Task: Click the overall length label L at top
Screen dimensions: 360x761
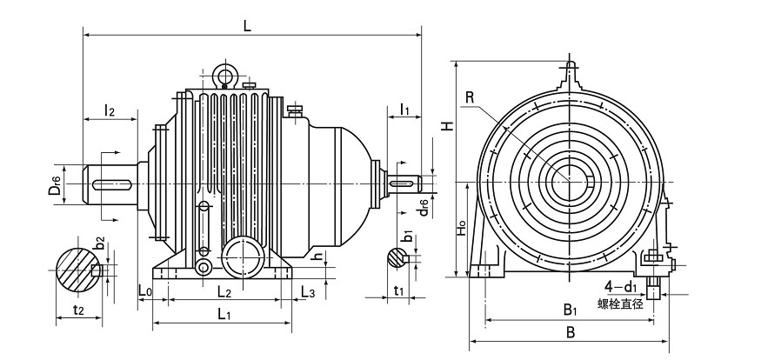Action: [247, 26]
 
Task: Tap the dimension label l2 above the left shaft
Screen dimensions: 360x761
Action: [110, 110]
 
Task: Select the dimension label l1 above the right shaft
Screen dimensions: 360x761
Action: [405, 109]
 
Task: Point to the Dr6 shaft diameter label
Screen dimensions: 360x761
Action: [55, 183]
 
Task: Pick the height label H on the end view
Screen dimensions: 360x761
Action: [445, 125]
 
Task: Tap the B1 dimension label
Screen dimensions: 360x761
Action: [570, 309]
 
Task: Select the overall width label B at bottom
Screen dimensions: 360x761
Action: [571, 332]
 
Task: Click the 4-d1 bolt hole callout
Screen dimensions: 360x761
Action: [623, 286]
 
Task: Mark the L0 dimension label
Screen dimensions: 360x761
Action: [145, 290]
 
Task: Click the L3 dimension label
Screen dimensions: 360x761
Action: [306, 290]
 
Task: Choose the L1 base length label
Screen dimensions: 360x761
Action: [224, 312]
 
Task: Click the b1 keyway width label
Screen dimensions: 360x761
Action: [407, 236]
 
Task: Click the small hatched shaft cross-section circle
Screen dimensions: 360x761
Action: [396, 257]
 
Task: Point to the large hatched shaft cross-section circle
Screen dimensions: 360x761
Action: [78, 269]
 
